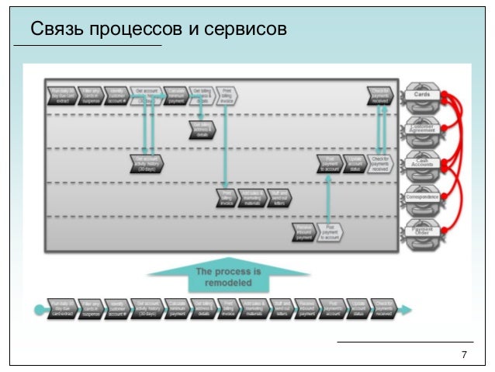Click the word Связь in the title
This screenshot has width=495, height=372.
(55, 29)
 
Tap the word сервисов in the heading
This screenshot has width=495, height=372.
(249, 29)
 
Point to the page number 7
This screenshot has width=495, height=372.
(464, 355)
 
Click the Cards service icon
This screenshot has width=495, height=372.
(422, 95)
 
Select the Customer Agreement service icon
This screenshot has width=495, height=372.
(422, 129)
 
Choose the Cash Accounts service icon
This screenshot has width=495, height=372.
(422, 163)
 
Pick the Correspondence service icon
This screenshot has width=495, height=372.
(422, 197)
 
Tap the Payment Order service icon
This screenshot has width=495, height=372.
(422, 231)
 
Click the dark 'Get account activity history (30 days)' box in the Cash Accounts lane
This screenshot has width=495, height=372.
(147, 163)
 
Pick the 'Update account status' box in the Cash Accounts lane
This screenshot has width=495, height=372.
(353, 163)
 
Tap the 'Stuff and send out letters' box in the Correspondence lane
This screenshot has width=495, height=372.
(279, 197)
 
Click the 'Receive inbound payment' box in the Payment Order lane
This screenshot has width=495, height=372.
(303, 231)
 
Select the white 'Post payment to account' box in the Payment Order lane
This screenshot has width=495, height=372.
(331, 231)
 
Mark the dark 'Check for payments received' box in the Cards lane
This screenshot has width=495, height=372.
(379, 95)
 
